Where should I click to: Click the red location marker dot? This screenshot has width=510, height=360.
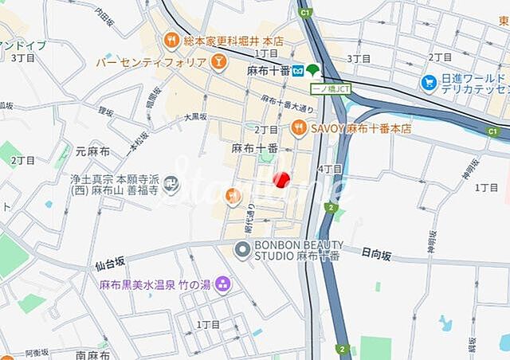tap(280, 179)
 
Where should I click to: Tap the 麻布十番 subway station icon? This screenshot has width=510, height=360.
tap(298, 70)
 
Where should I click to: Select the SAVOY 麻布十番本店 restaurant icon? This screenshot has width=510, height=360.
tap(299, 127)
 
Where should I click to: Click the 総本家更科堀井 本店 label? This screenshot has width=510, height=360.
tap(233, 40)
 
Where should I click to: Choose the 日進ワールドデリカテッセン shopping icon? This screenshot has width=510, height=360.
tap(429, 81)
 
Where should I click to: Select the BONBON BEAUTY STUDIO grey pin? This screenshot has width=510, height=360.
tap(242, 250)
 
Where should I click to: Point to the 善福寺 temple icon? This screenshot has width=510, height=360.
tap(171, 186)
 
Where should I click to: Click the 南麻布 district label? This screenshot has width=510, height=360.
tap(92, 354)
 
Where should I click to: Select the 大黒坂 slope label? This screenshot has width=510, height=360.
tap(195, 116)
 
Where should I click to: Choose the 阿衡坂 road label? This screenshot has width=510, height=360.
tap(37, 352)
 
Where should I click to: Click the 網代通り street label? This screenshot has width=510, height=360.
tap(249, 216)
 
